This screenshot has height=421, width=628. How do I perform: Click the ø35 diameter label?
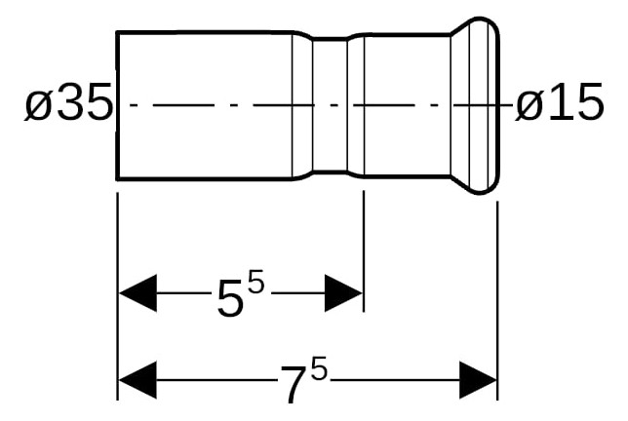point(68,102)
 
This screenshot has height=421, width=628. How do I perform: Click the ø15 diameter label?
point(559,102)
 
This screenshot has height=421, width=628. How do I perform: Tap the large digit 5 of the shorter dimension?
point(230,298)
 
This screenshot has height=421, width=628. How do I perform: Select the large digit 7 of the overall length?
point(295,384)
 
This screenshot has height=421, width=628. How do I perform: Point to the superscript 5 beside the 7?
point(319,368)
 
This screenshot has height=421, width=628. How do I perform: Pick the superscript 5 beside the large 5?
point(256,282)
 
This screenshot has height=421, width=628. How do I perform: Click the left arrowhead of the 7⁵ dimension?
point(137,380)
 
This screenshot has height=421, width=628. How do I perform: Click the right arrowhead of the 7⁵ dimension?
point(478,380)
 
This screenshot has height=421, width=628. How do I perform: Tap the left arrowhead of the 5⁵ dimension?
point(137,293)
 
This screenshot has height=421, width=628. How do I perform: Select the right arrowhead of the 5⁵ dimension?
point(343,293)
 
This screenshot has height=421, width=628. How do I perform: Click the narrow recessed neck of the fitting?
point(330,105)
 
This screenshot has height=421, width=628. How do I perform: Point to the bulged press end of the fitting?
point(476,105)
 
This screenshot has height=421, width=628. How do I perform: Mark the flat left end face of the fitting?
point(117,105)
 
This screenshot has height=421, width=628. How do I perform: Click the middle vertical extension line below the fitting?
point(364,250)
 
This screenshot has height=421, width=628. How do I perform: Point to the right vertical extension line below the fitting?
point(497,300)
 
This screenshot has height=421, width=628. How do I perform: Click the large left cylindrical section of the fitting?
point(204,105)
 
